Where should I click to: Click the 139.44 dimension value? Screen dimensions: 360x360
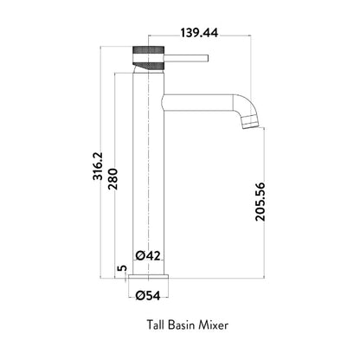point(199,33)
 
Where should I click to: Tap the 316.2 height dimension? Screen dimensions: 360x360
point(98,166)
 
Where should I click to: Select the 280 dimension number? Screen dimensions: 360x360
point(113,179)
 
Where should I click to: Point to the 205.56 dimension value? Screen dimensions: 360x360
point(260,202)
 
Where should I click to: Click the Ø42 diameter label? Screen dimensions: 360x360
point(148,255)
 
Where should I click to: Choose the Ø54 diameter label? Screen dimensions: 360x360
point(148,296)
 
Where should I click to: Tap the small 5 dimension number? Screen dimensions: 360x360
point(122,268)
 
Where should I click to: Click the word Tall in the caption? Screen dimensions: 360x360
point(156,325)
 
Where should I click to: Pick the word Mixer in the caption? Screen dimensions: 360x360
point(214,325)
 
